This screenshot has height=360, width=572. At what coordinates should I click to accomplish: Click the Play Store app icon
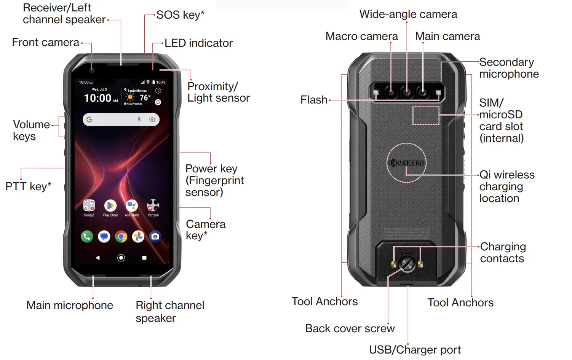110,206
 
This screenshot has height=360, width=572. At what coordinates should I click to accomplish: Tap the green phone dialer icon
87,237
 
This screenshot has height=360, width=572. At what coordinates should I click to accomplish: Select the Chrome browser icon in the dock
121,237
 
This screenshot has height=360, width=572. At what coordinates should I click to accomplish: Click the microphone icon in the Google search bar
139,119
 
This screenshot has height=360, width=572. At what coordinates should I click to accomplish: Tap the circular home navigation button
121,258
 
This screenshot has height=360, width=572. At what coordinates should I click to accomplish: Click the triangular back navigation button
98,258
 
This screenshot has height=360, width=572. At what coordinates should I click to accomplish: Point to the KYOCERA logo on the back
406,163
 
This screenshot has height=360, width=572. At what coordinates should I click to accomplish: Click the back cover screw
407,264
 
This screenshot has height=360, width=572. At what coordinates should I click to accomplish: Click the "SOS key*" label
180,15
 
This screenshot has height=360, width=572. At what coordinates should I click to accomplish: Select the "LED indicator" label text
198,43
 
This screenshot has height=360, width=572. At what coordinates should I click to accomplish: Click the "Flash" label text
314,100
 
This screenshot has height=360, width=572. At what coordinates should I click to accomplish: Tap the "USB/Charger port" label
415,350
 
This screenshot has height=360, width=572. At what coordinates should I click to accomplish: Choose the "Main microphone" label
70,305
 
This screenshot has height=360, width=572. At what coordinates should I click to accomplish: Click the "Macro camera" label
361,36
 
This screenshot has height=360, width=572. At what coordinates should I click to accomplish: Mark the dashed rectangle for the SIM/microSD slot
426,116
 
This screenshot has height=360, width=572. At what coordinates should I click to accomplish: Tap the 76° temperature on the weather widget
145,98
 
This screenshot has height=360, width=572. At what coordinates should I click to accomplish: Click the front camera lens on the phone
92,70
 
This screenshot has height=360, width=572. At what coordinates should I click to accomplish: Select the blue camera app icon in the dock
155,237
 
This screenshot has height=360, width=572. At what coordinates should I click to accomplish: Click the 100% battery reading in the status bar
161,82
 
